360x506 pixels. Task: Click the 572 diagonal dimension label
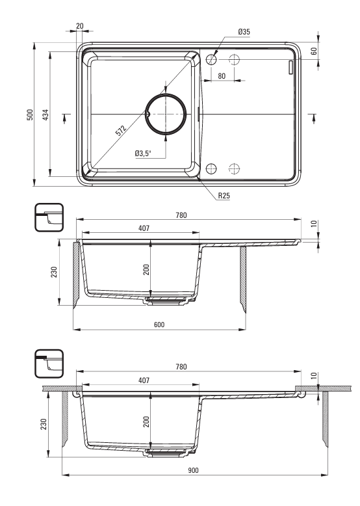[x=121, y=131]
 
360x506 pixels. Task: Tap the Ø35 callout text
[x=244, y=32]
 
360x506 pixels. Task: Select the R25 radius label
[x=224, y=196]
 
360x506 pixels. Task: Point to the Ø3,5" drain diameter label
[x=143, y=153]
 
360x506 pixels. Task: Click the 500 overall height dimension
[x=30, y=114]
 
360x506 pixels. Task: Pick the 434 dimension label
[x=45, y=115]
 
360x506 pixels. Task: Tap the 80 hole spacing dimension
[x=222, y=76]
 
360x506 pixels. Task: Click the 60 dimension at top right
[x=315, y=51]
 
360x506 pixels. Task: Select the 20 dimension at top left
[x=80, y=26]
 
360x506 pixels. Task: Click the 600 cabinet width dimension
[x=159, y=325]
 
